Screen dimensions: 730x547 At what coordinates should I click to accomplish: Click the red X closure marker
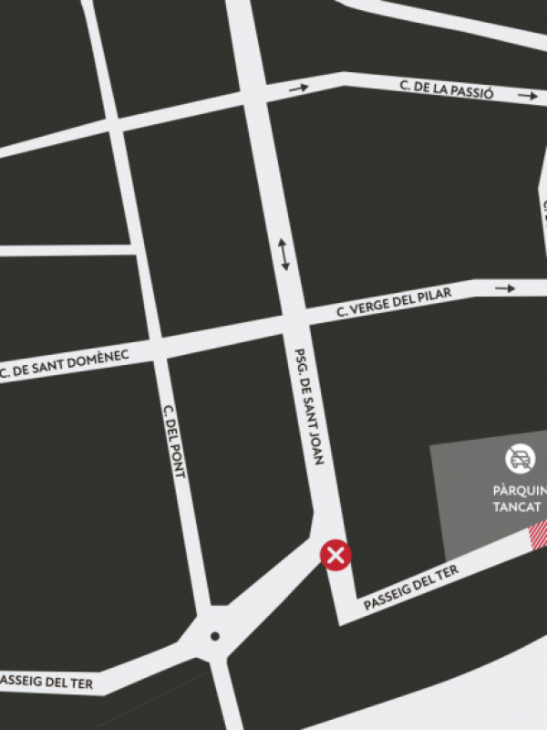[336, 554]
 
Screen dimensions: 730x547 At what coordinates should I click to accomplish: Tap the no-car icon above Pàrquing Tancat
[521, 459]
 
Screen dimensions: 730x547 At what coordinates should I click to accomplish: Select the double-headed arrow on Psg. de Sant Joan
[284, 255]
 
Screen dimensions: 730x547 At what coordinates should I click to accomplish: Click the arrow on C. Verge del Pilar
[505, 288]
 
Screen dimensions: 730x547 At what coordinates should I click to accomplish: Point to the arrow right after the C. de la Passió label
[528, 95]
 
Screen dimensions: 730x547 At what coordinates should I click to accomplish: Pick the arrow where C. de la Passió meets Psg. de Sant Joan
[298, 89]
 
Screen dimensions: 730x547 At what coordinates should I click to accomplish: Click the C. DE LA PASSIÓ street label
[447, 89]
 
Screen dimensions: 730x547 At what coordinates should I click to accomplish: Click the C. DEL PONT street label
[174, 442]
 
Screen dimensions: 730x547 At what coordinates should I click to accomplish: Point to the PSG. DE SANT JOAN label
[310, 406]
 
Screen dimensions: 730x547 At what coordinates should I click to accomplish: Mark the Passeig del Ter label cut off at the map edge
[46, 682]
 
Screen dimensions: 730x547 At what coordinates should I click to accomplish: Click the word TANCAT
[517, 507]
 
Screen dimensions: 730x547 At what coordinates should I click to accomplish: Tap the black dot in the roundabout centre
[214, 636]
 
